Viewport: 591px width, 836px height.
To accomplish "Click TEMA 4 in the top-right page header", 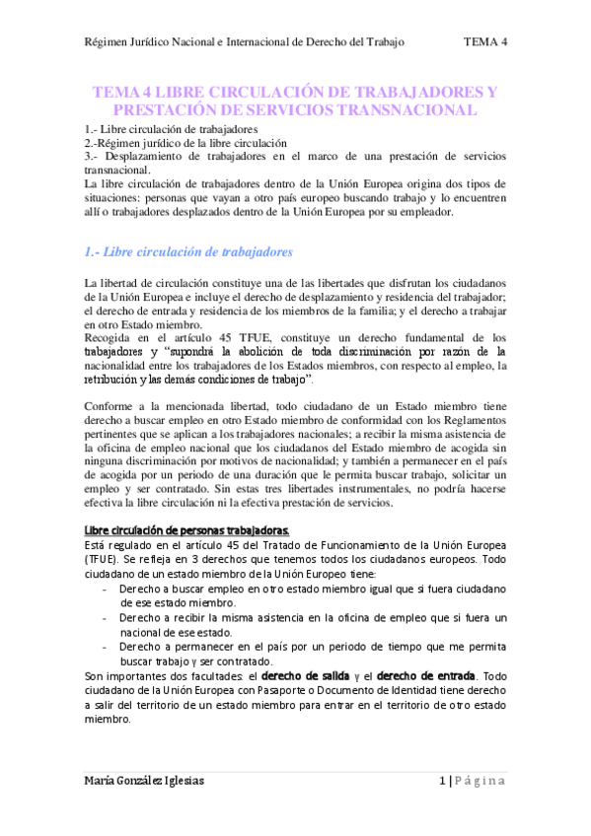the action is [x=485, y=42].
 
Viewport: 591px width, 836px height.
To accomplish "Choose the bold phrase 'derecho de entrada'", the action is [x=425, y=675].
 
